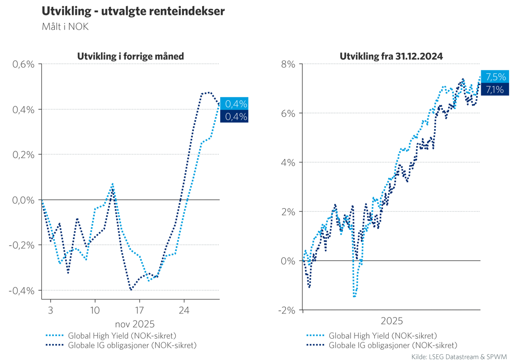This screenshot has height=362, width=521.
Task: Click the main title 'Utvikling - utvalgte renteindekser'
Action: (133, 11)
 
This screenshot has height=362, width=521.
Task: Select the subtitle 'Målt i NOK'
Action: (65, 27)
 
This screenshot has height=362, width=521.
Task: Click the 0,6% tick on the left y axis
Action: (23, 64)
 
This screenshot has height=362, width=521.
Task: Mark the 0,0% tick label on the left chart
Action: (23, 200)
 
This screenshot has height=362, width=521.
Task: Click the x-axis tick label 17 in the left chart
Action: (139, 311)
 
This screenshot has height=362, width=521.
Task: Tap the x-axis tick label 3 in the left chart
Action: (50, 311)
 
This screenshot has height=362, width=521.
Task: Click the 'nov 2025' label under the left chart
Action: (131, 324)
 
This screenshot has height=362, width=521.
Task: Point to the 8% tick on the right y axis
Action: (288, 64)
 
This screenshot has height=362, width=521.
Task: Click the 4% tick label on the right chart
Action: (288, 162)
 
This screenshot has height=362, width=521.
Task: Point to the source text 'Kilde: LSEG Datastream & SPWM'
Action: (459, 356)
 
